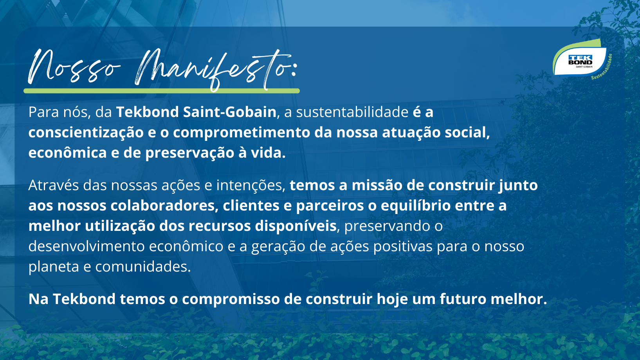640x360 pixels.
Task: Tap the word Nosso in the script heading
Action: point(74,67)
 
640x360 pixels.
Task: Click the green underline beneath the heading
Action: point(162,91)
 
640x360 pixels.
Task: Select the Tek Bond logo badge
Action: point(580,60)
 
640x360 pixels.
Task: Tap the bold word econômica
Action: point(67,152)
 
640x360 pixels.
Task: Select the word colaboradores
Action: point(164,205)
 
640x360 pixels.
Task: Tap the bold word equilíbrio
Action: point(416,206)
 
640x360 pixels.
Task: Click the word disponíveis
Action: point(296,226)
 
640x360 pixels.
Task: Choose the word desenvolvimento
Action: point(86,246)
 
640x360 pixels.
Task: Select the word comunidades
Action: point(143,267)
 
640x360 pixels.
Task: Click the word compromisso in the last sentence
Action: point(231,299)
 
